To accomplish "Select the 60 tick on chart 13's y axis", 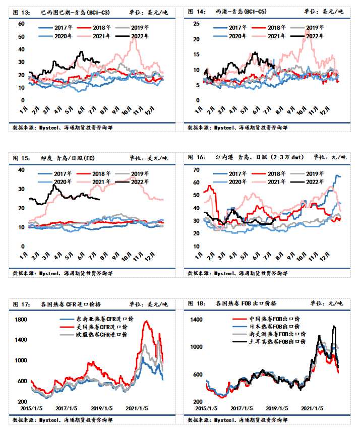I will tap(21, 24).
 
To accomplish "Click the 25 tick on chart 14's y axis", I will tap(196, 24).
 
